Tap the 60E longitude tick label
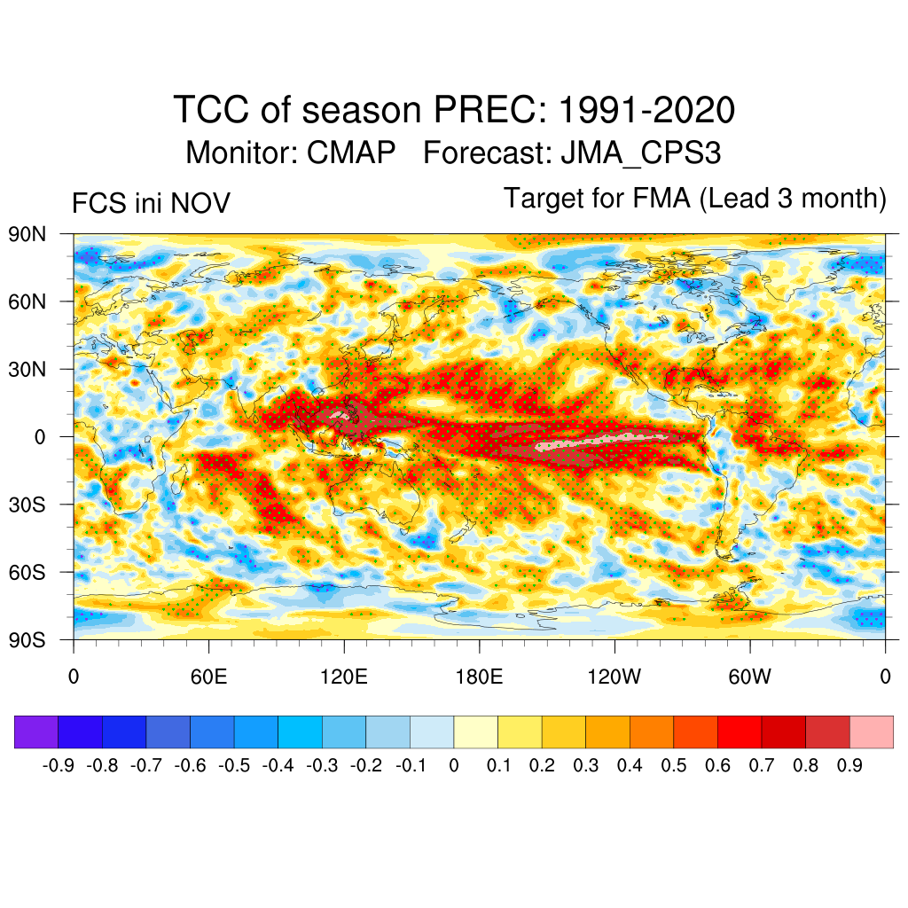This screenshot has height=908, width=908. coord(208,677)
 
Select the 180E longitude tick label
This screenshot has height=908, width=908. coord(479,677)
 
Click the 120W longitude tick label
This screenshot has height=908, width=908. coord(614,677)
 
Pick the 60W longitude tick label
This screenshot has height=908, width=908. coord(749,677)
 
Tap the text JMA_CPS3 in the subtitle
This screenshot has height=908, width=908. coord(640,153)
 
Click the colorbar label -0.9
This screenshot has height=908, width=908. coord(59,764)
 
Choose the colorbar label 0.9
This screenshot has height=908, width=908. coord(850,764)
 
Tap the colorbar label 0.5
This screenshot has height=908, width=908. coord(675,764)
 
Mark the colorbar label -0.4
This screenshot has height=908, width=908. coord(278,764)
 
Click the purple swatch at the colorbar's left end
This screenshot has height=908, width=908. coord(36,732)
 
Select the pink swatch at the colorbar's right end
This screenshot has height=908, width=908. coord(872,732)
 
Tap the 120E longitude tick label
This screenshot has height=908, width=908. coord(344,677)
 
